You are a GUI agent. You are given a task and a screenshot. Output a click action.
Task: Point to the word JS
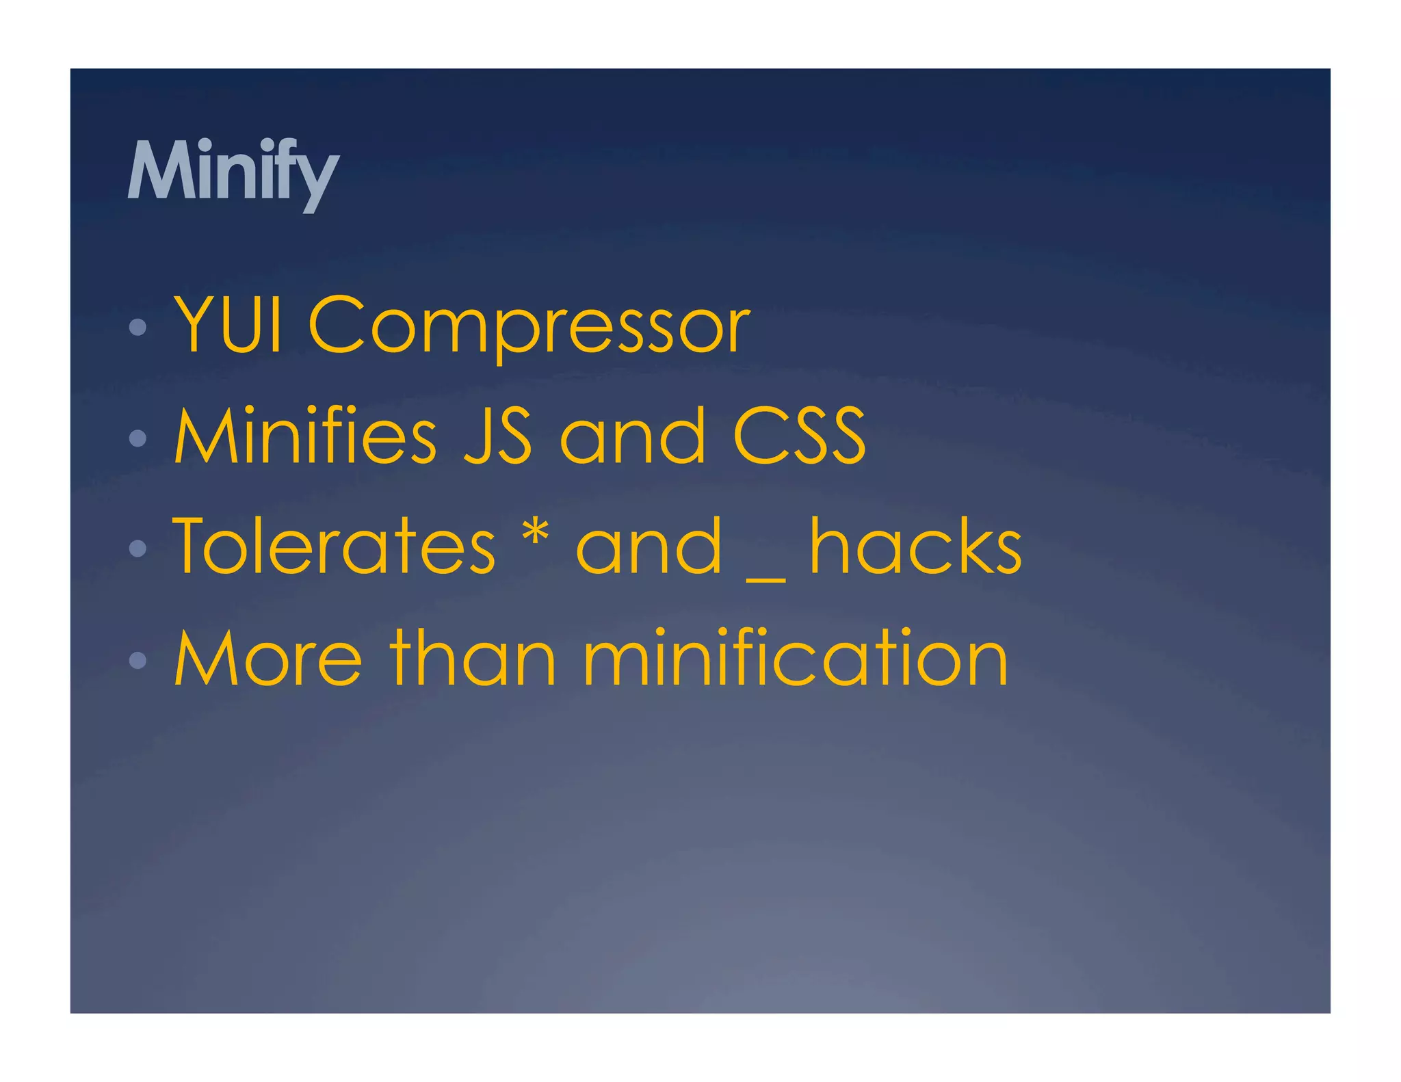point(497,436)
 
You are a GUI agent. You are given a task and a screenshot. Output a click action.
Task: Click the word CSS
point(799,436)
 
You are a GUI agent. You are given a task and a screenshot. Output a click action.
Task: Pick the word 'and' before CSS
point(632,436)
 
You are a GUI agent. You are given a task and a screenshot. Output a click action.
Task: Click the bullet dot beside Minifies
point(138,438)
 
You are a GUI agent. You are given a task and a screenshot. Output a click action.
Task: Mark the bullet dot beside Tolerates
point(138,548)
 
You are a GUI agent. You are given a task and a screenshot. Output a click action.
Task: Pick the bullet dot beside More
point(138,659)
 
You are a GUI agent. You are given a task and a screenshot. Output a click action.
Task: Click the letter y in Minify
point(317,179)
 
